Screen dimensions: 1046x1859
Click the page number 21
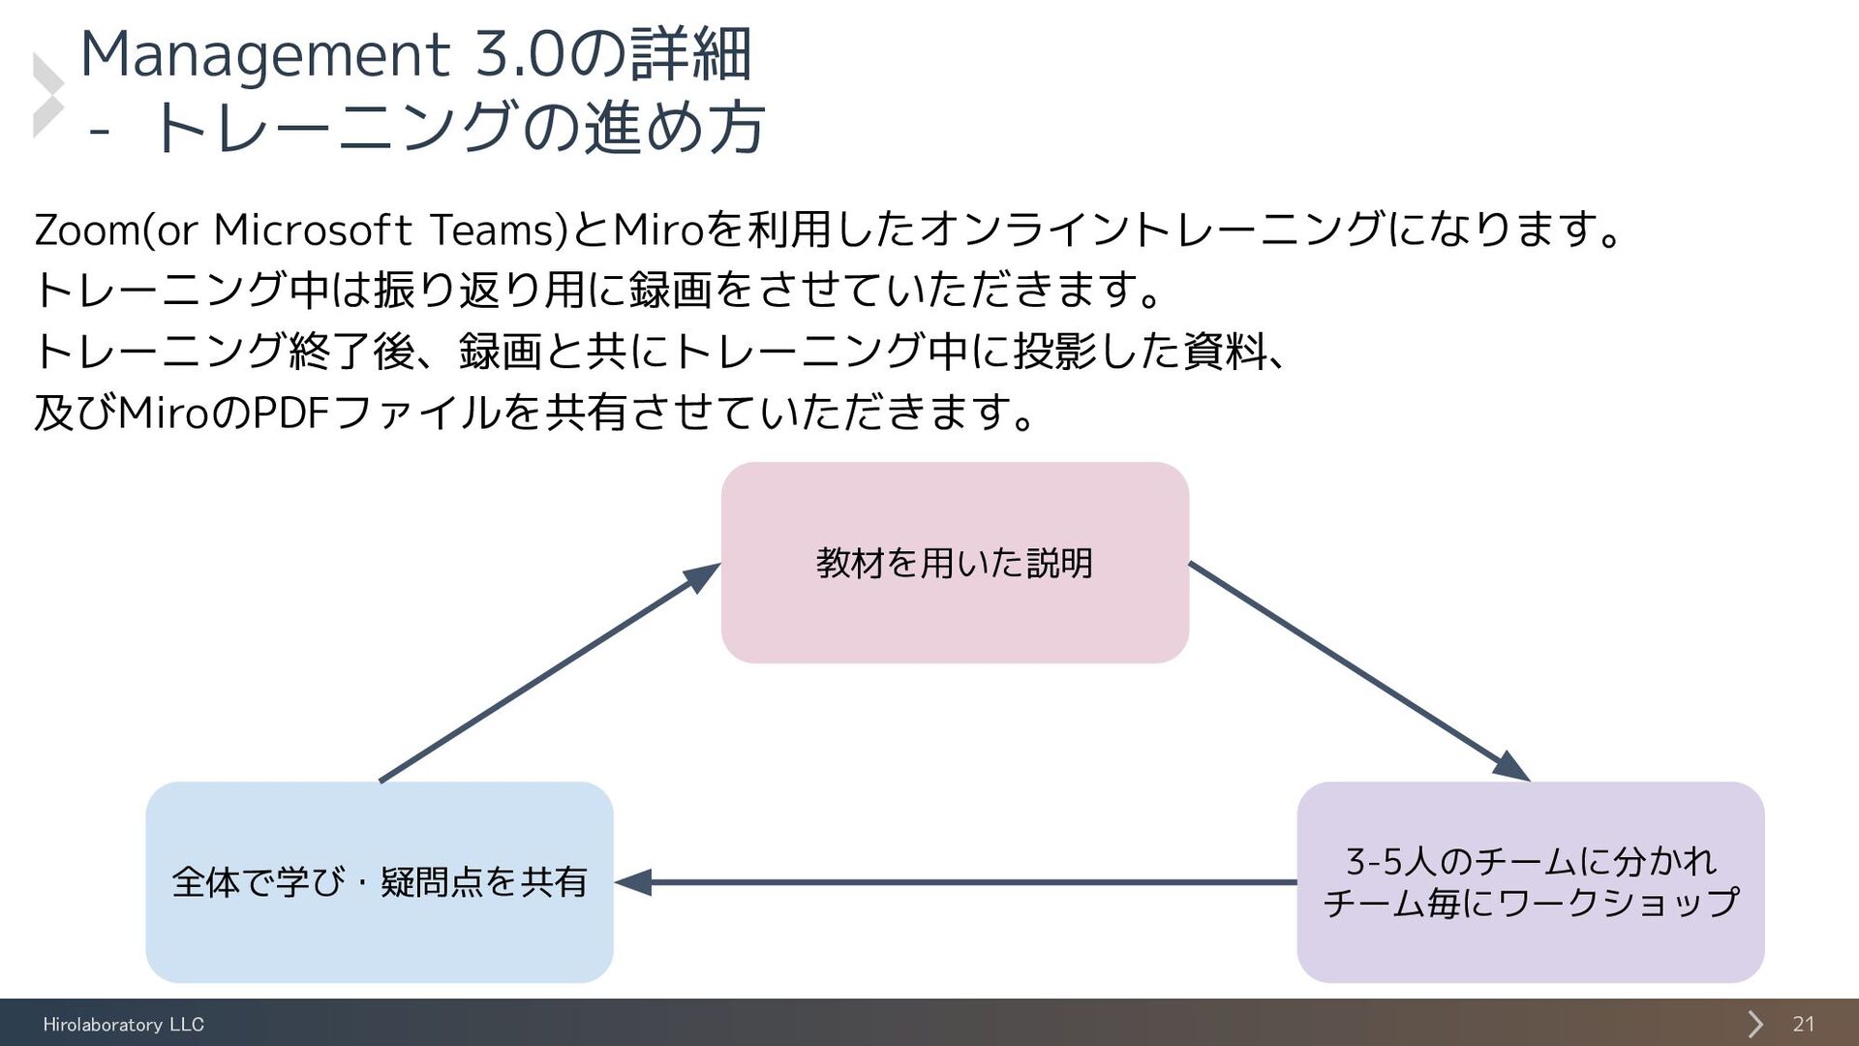1803,1024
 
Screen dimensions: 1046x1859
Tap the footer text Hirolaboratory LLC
123,1024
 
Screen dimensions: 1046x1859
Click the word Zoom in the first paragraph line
86,231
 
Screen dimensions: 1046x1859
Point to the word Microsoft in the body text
312,231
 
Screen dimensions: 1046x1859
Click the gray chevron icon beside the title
47,94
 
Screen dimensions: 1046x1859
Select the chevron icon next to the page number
1754,1024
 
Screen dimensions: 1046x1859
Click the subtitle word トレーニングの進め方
460,128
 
